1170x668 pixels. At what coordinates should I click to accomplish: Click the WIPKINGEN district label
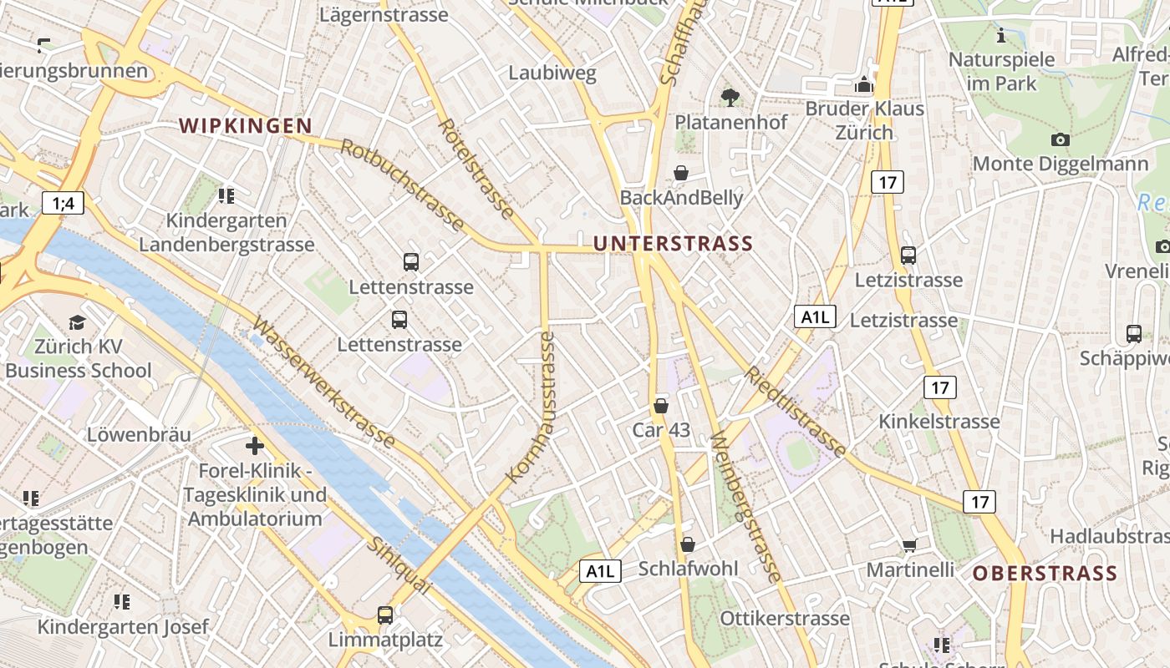pyautogui.click(x=246, y=126)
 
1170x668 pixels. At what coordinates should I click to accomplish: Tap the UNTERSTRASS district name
pyautogui.click(x=673, y=244)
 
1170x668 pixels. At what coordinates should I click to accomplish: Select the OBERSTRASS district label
pyautogui.click(x=1045, y=574)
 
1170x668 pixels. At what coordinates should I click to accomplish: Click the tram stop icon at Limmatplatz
pyautogui.click(x=384, y=615)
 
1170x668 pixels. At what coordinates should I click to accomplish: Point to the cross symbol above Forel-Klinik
pyautogui.click(x=255, y=446)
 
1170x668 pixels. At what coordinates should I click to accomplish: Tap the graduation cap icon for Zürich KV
pyautogui.click(x=77, y=322)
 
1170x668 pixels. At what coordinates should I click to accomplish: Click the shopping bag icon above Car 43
pyautogui.click(x=661, y=406)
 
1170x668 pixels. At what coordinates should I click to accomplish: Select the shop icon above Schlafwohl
pyautogui.click(x=688, y=544)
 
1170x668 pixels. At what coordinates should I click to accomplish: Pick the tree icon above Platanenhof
pyautogui.click(x=730, y=97)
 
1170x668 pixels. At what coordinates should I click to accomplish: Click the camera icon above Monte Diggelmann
pyautogui.click(x=1060, y=139)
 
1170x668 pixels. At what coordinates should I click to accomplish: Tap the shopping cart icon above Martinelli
pyautogui.click(x=909, y=546)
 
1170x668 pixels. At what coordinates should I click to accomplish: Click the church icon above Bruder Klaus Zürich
pyautogui.click(x=864, y=84)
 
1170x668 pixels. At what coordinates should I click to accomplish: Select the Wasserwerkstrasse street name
pyautogui.click(x=323, y=382)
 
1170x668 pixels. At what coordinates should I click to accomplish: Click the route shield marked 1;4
pyautogui.click(x=63, y=203)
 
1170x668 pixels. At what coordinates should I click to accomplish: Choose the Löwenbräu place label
pyautogui.click(x=139, y=435)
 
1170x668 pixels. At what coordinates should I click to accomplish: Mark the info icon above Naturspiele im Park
pyautogui.click(x=1001, y=36)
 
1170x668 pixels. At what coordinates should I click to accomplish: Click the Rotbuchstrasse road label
pyautogui.click(x=402, y=185)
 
